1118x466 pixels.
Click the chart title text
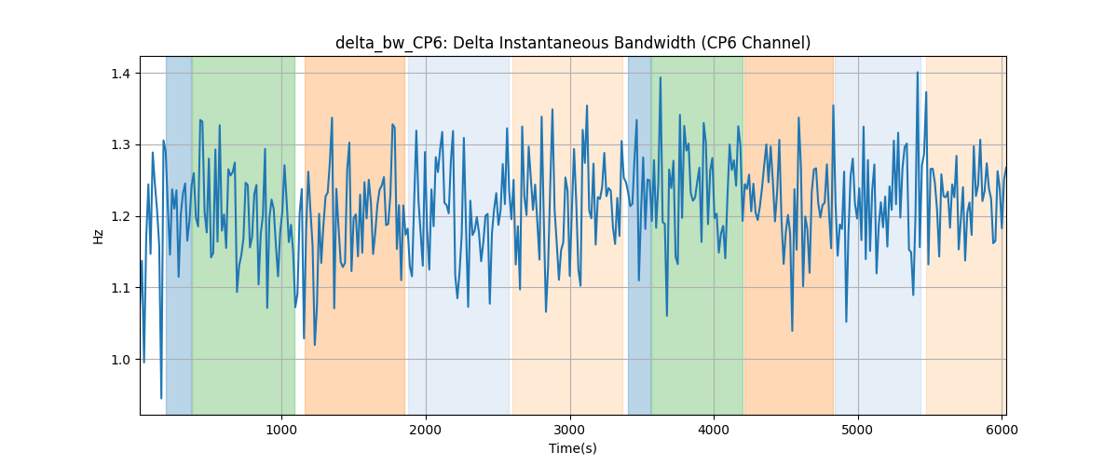click(573, 43)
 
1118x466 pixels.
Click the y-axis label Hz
click(99, 237)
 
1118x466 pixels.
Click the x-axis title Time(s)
click(573, 448)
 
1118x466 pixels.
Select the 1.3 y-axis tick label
click(120, 145)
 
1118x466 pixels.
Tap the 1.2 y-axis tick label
click(120, 217)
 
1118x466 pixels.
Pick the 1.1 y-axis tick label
click(120, 288)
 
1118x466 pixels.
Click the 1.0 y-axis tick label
click(120, 360)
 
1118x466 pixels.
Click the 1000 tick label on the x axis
click(281, 430)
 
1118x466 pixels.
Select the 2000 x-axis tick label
click(426, 430)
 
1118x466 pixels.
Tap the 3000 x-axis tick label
click(570, 430)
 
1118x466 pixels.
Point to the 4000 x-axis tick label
click(714, 430)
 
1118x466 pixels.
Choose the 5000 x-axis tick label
click(858, 430)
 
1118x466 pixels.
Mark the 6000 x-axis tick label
click(1002, 430)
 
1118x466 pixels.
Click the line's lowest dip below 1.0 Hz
click(160, 398)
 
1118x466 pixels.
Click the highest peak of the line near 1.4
click(918, 73)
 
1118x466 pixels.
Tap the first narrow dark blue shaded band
click(179, 235)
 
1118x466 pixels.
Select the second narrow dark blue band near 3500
click(639, 235)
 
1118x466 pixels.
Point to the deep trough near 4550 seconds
click(792, 330)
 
